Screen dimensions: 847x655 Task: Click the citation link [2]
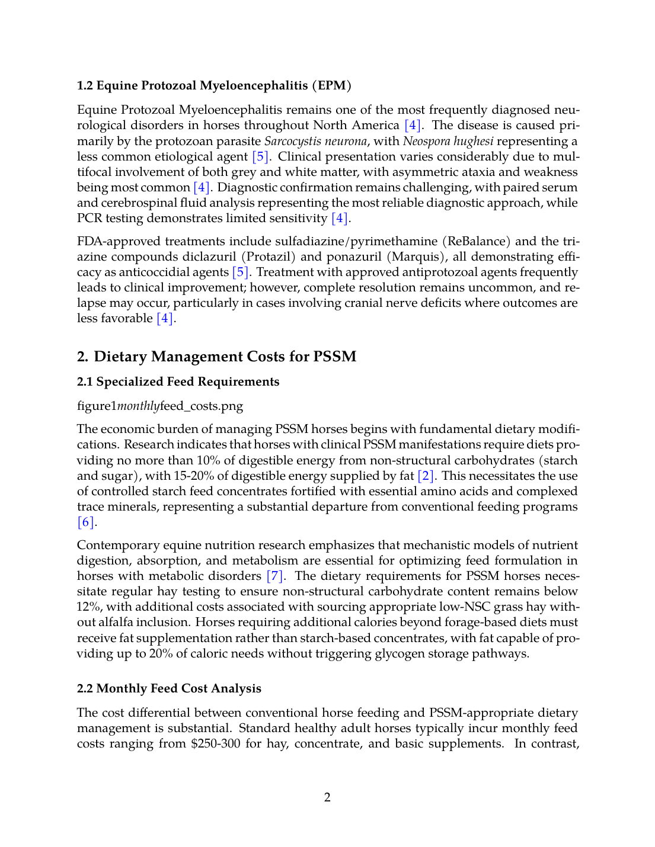pos(425,476)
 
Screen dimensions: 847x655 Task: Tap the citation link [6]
pos(86,522)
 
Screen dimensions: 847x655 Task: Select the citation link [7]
pos(275,576)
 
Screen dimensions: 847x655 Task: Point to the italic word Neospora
pos(427,141)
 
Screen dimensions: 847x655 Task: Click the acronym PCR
pos(90,218)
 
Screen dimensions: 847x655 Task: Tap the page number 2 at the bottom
pos(327,797)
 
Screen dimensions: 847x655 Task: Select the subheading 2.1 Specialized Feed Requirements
pos(178,381)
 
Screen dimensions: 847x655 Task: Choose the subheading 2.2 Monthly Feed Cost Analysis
pos(169,688)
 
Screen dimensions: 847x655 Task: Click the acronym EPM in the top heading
pos(332,85)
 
